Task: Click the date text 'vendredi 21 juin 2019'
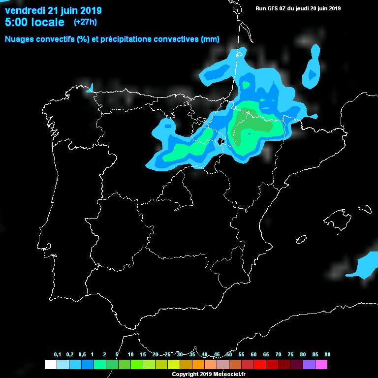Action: pos(53,10)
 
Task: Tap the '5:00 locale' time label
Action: pos(34,22)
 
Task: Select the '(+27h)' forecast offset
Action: pos(85,22)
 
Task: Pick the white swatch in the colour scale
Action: pos(50,365)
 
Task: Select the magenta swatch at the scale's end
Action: pos(321,365)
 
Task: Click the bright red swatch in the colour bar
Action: pos(259,365)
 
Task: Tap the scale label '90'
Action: pos(327,355)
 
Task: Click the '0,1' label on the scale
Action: pos(57,355)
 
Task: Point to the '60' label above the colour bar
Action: pos(253,355)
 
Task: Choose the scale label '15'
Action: pos(143,355)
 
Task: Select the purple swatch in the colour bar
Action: pos(309,365)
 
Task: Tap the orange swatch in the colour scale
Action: pos(198,365)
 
